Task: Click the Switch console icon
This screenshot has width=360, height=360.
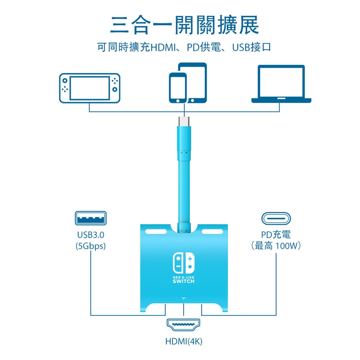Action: coord(90,88)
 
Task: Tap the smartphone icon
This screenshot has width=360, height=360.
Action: coord(178,88)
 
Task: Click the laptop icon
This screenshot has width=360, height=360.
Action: coord(281,84)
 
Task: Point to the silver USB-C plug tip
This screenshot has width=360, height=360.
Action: coord(184,121)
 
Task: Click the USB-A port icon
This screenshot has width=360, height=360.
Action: coord(91,218)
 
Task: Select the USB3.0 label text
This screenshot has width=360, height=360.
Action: coord(91,235)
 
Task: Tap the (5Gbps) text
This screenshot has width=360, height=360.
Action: coord(91,246)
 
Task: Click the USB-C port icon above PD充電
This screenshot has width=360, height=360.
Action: coord(276,218)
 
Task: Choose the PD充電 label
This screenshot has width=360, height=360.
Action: coord(276,234)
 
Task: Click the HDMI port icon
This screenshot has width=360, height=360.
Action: coord(183,325)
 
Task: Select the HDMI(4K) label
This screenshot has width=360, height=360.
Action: coord(184,342)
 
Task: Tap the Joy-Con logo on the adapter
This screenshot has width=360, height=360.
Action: coord(184,263)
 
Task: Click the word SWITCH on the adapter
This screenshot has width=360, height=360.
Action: coord(183,281)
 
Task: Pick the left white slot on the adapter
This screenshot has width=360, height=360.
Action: coord(156,231)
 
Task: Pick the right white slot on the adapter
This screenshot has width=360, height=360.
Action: coord(212,231)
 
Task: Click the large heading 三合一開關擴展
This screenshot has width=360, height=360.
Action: coord(185,25)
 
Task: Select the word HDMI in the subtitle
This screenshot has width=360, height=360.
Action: coord(163,47)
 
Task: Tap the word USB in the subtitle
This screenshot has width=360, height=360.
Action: coord(241,47)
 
